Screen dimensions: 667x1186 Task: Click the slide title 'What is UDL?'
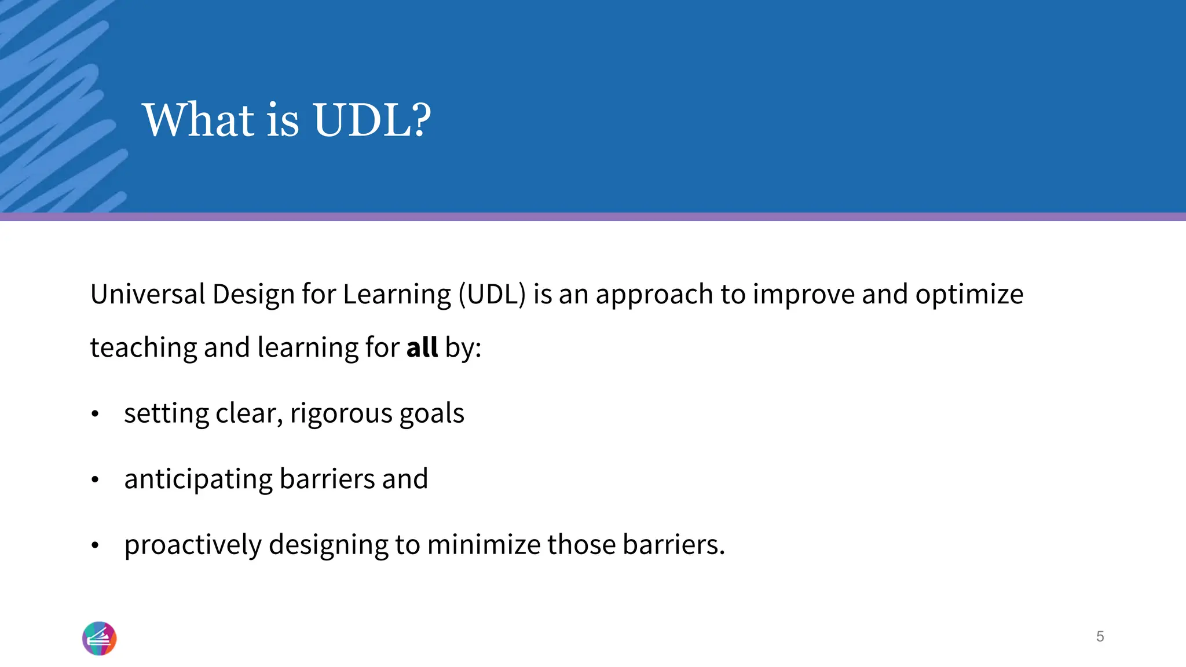tap(286, 120)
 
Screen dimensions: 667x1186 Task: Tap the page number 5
tap(1100, 636)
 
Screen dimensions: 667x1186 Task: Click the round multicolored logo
tap(100, 638)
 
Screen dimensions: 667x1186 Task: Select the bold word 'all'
tap(422, 347)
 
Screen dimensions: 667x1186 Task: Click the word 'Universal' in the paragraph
tap(148, 294)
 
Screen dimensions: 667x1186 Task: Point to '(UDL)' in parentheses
tap(492, 294)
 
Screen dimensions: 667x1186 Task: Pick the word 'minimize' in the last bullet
tap(484, 545)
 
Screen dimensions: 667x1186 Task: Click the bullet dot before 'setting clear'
tap(96, 413)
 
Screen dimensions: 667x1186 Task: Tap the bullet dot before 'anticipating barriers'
tap(96, 479)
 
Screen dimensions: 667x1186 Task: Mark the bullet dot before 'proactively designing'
tap(96, 545)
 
